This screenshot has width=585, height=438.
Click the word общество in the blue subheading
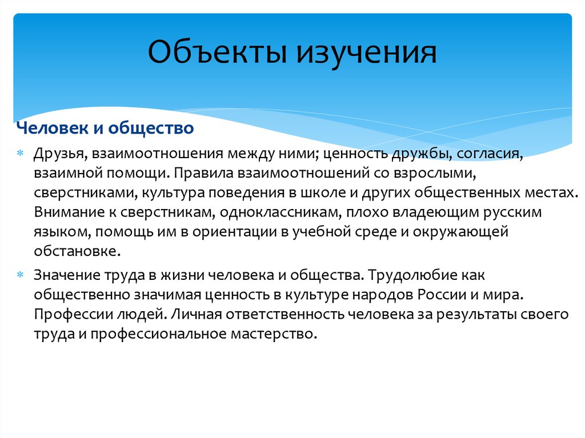pos(151,128)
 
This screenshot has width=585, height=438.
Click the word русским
pos(512,212)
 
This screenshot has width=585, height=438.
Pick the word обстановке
pos(78,251)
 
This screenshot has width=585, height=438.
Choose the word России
pos(442,295)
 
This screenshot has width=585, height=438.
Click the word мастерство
pos(274,333)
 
